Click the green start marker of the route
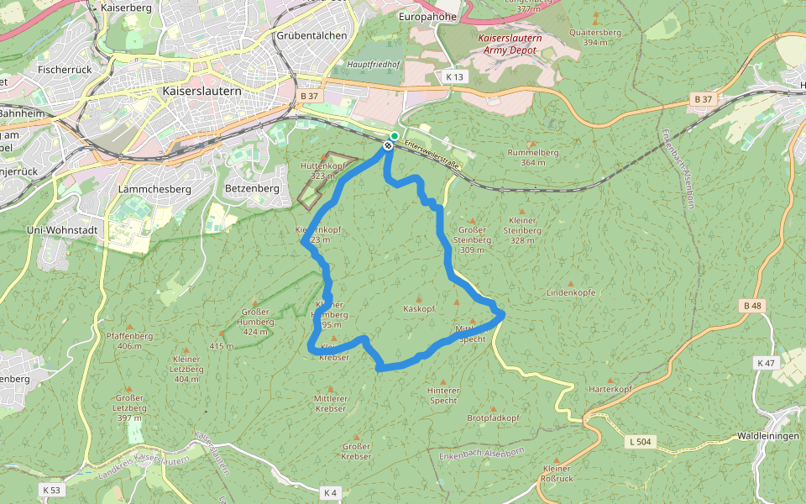tap(395, 135)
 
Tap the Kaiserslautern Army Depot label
tap(510, 44)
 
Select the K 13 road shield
tap(454, 76)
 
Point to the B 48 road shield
tap(752, 307)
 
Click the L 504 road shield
tap(640, 441)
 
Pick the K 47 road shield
tap(765, 363)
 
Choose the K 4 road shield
tap(330, 492)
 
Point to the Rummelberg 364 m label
tap(532, 157)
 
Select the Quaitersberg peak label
tap(594, 37)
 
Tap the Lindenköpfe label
tap(571, 292)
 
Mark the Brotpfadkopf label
tap(494, 417)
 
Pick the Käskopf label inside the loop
tap(419, 309)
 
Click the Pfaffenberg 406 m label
tap(129, 340)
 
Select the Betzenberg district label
tap(253, 189)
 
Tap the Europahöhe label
tap(427, 17)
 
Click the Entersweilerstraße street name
tap(432, 158)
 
